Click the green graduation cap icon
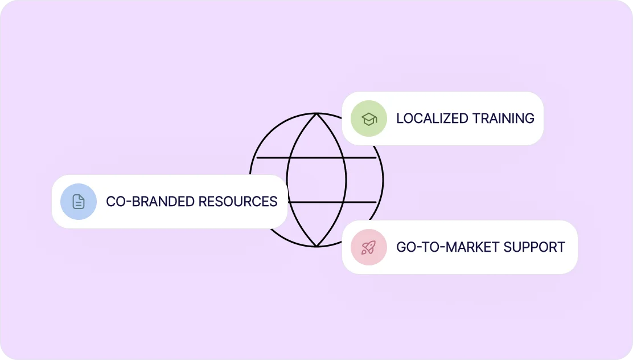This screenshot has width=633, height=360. (369, 118)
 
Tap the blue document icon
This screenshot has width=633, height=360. (79, 202)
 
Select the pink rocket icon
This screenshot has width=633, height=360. (369, 247)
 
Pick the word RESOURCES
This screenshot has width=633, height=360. (239, 202)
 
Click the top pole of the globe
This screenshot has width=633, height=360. (316, 113)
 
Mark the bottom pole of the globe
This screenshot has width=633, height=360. (316, 246)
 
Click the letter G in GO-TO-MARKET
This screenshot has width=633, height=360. (401, 247)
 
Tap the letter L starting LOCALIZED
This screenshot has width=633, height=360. (400, 118)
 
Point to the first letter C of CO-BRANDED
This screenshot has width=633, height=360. (111, 202)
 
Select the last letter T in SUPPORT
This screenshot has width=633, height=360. (561, 247)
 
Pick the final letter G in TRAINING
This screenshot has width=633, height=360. (529, 118)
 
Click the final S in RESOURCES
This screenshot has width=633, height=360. (273, 202)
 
